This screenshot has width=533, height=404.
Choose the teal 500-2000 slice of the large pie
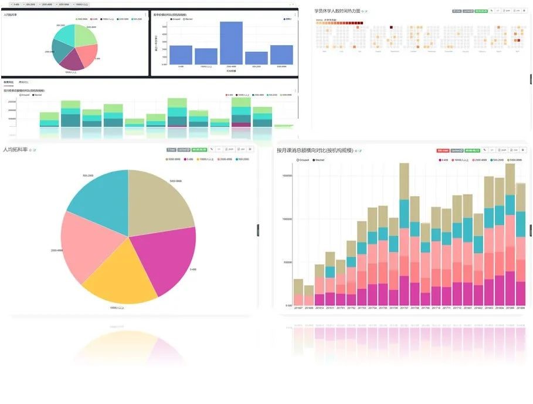pyautogui.click(x=100, y=197)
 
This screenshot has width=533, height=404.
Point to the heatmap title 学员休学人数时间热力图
pyautogui.click(x=337, y=11)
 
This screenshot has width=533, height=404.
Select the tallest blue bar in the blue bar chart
pyautogui.click(x=231, y=43)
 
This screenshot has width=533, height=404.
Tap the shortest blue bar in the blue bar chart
pyautogui.click(x=256, y=58)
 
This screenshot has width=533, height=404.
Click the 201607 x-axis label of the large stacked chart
pyautogui.click(x=298, y=308)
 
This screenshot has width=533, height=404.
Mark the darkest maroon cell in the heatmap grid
pyautogui.click(x=391, y=27)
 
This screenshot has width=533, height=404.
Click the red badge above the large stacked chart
pyautogui.click(x=443, y=150)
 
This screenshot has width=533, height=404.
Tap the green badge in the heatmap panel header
pyautogui.click(x=481, y=11)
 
